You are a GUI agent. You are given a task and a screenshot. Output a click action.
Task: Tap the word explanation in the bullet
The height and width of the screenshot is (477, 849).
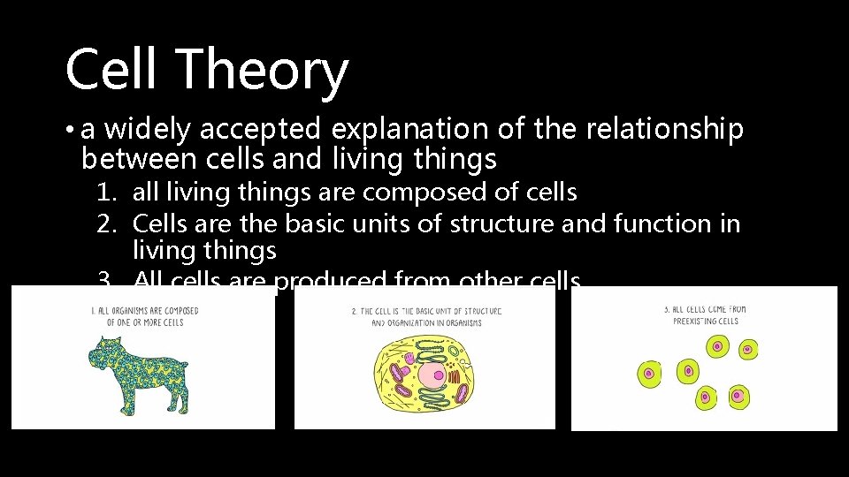409,130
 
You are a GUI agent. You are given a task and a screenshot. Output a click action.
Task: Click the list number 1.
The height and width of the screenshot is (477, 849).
107,192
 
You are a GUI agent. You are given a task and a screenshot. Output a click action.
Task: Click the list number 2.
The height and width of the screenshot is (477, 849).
107,224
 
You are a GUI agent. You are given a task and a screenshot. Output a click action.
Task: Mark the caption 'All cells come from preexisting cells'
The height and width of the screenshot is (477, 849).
705,314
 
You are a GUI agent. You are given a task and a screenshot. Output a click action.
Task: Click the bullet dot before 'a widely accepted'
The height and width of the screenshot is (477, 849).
70,131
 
